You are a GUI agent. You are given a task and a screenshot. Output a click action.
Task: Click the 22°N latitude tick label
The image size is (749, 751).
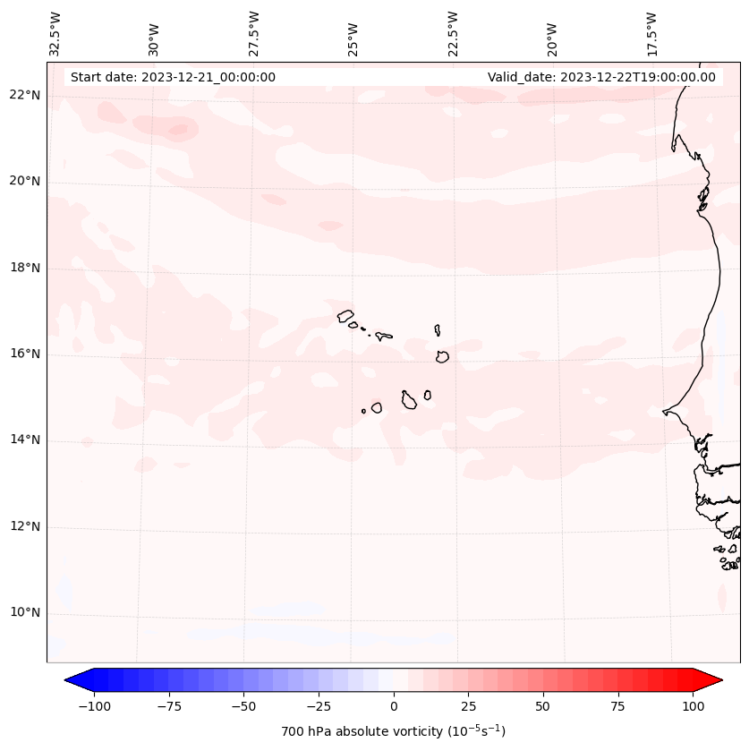[26, 96]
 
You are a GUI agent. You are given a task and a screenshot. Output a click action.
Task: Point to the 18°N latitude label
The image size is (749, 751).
[26, 269]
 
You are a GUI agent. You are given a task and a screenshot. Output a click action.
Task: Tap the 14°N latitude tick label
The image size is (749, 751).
[26, 440]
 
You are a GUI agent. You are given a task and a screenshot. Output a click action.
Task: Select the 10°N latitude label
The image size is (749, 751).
[26, 613]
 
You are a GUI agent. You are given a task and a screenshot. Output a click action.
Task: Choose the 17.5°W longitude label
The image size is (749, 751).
[651, 32]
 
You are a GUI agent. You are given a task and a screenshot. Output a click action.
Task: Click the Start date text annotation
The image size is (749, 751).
[173, 77]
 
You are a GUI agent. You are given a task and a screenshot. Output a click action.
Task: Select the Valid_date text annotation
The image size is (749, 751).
[601, 77]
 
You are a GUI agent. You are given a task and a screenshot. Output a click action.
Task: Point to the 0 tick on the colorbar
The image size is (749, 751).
[394, 707]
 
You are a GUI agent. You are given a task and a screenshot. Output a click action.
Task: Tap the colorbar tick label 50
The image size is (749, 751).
[543, 707]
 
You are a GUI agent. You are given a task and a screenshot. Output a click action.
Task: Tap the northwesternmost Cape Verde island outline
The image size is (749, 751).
[345, 316]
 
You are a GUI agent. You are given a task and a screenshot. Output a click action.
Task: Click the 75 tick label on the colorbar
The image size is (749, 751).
[617, 707]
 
